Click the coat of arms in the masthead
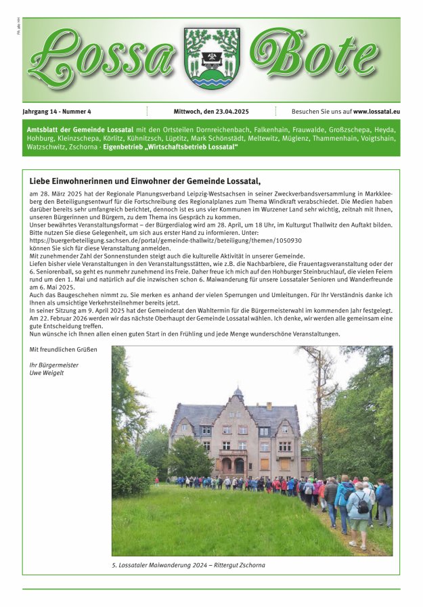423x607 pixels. [x=212, y=58]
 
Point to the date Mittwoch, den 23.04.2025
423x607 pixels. [x=211, y=111]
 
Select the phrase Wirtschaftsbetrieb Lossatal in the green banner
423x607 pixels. [x=199, y=146]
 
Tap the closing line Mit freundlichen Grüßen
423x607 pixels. [x=63, y=349]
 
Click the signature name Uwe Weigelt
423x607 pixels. [x=47, y=372]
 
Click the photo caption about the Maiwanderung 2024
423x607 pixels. [x=188, y=565]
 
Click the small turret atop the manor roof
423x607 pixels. [x=238, y=393]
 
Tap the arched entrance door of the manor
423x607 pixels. [x=239, y=466]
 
